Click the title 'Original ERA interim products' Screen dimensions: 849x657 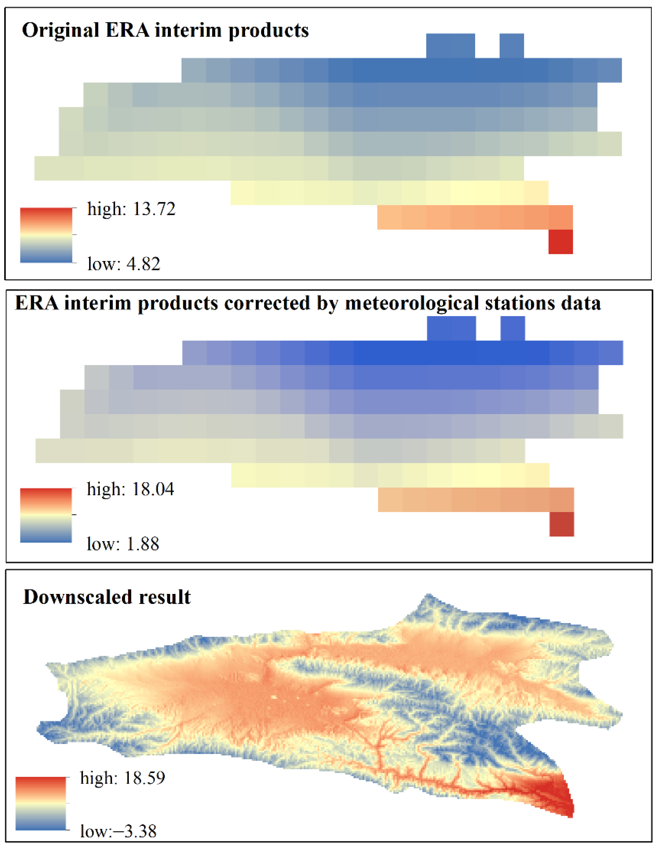165,30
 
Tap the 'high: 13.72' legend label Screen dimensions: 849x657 131,209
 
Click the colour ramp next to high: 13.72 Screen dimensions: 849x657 46,235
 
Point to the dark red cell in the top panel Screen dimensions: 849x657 560,242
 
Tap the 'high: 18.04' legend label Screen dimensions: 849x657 131,489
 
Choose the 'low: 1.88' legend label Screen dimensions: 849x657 123,544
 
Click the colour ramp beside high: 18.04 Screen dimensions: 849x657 46,515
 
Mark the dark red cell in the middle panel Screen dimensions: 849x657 561,524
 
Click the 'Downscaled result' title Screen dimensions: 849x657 107,597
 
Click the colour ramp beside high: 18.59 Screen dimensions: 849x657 41,803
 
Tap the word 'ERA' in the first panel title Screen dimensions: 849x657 127,30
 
